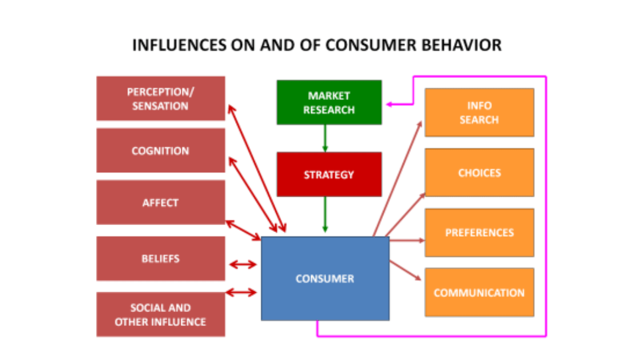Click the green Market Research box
pos(329,102)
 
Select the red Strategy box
pos(329,174)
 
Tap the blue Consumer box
pos(325,278)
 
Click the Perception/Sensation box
pos(161,99)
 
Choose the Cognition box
pos(161,150)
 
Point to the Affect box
pos(161,203)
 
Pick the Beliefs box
pos(161,259)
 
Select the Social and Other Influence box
pos(161,315)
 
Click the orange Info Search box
pos(479,113)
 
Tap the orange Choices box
pos(479,173)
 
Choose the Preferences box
pos(479,233)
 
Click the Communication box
pos(479,292)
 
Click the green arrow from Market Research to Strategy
pos(325,138)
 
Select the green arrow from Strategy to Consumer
pos(325,213)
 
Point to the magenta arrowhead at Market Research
pos(390,105)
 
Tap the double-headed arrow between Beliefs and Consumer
pos(243,264)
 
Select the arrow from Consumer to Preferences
pos(406,241)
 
